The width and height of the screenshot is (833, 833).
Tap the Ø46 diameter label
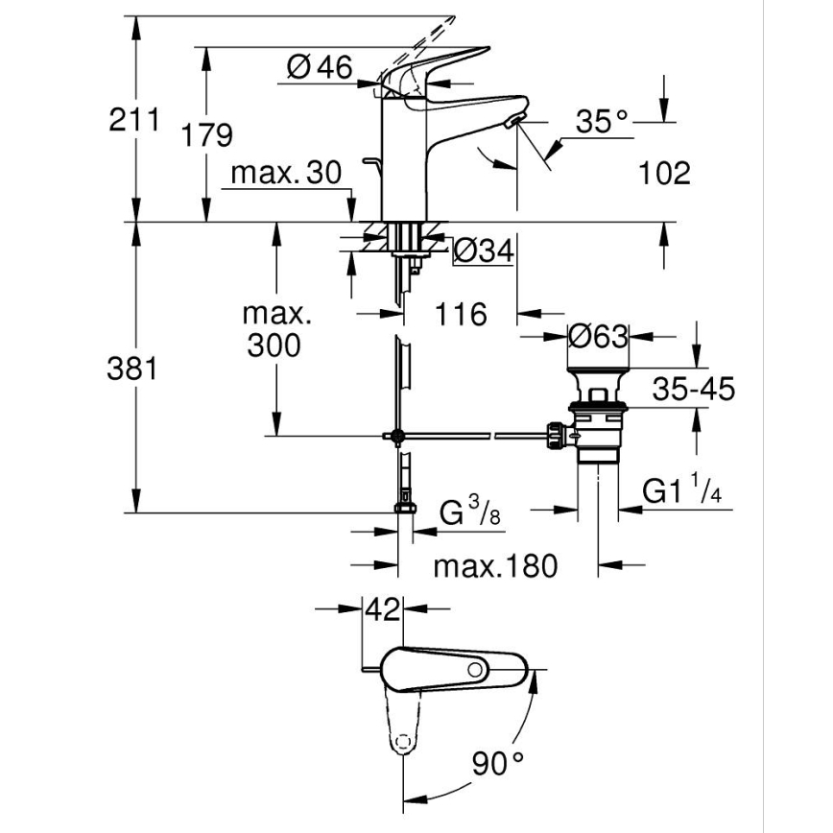pyautogui.click(x=320, y=66)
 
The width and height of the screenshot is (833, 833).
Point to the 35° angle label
pyautogui.click(x=602, y=122)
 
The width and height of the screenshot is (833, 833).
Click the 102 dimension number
pyautogui.click(x=663, y=173)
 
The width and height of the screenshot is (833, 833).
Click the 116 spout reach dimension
pyautogui.click(x=461, y=313)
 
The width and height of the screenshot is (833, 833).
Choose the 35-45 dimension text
pyautogui.click(x=693, y=389)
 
